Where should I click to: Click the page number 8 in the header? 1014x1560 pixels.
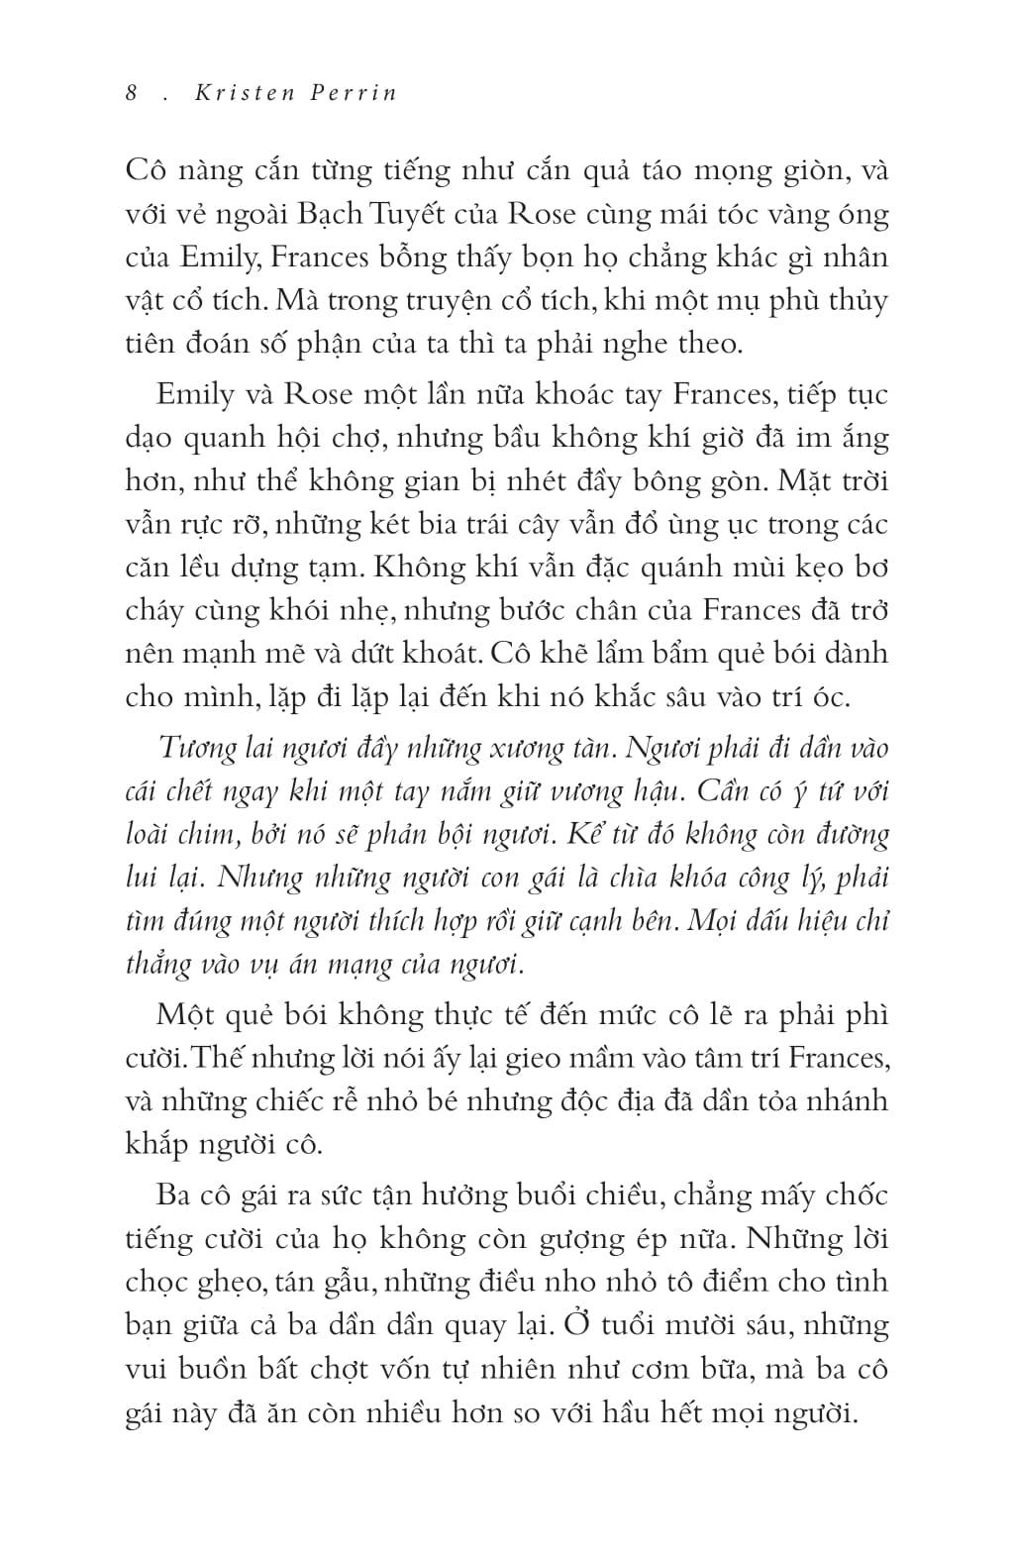point(132,93)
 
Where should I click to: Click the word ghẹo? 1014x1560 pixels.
point(234,1282)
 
